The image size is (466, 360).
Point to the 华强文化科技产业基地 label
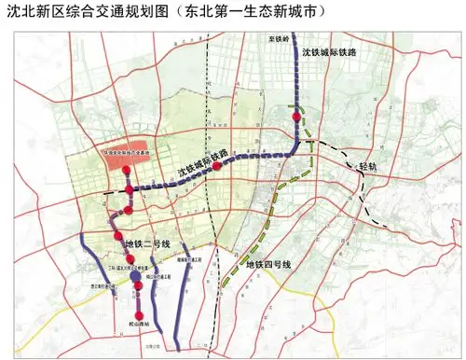[x=130, y=147]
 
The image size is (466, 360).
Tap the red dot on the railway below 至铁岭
[x=296, y=118]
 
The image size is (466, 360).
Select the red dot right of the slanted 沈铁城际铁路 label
[x=217, y=166]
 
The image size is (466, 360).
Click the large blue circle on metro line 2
[x=136, y=277]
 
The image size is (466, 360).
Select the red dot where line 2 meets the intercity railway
[x=129, y=190]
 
